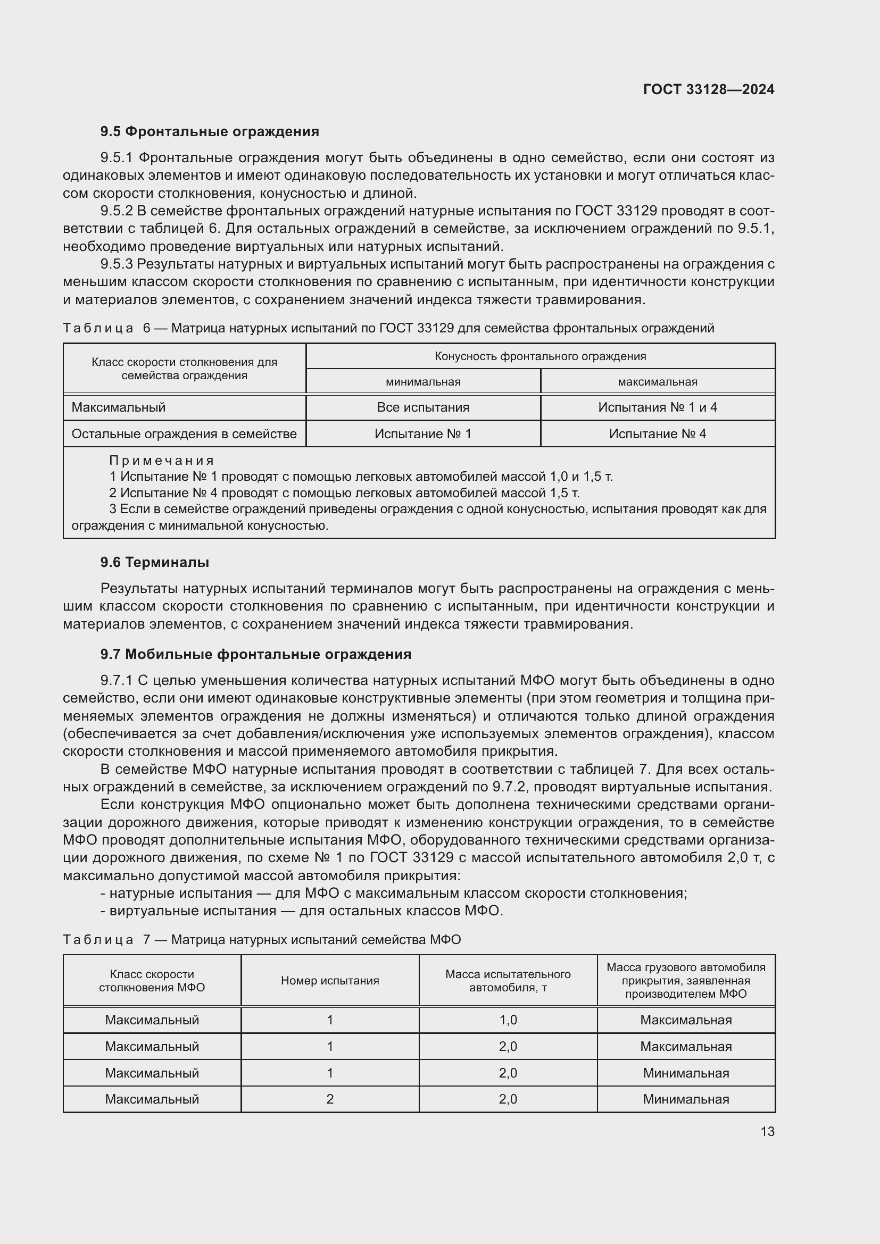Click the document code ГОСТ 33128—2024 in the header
tap(708, 90)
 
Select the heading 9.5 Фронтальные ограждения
tap(209, 132)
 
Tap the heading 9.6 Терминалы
tap(154, 562)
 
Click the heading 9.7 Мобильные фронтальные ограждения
tap(255, 655)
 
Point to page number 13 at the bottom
tap(767, 1131)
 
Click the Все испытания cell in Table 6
tap(422, 407)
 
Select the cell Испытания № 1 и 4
tap(657, 407)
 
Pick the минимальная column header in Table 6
tap(422, 382)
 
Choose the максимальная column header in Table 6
tap(657, 382)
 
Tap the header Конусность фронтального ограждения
tap(540, 356)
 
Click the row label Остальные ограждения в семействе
tap(184, 434)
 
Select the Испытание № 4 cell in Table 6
tap(657, 434)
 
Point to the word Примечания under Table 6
tap(162, 461)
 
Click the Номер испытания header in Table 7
tap(329, 981)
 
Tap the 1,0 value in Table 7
tap(508, 1020)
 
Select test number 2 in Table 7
tap(329, 1099)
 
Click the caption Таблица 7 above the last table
tap(98, 940)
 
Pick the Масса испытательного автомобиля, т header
tap(508, 981)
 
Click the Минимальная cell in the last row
tap(685, 1099)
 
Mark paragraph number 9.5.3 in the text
tap(116, 264)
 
